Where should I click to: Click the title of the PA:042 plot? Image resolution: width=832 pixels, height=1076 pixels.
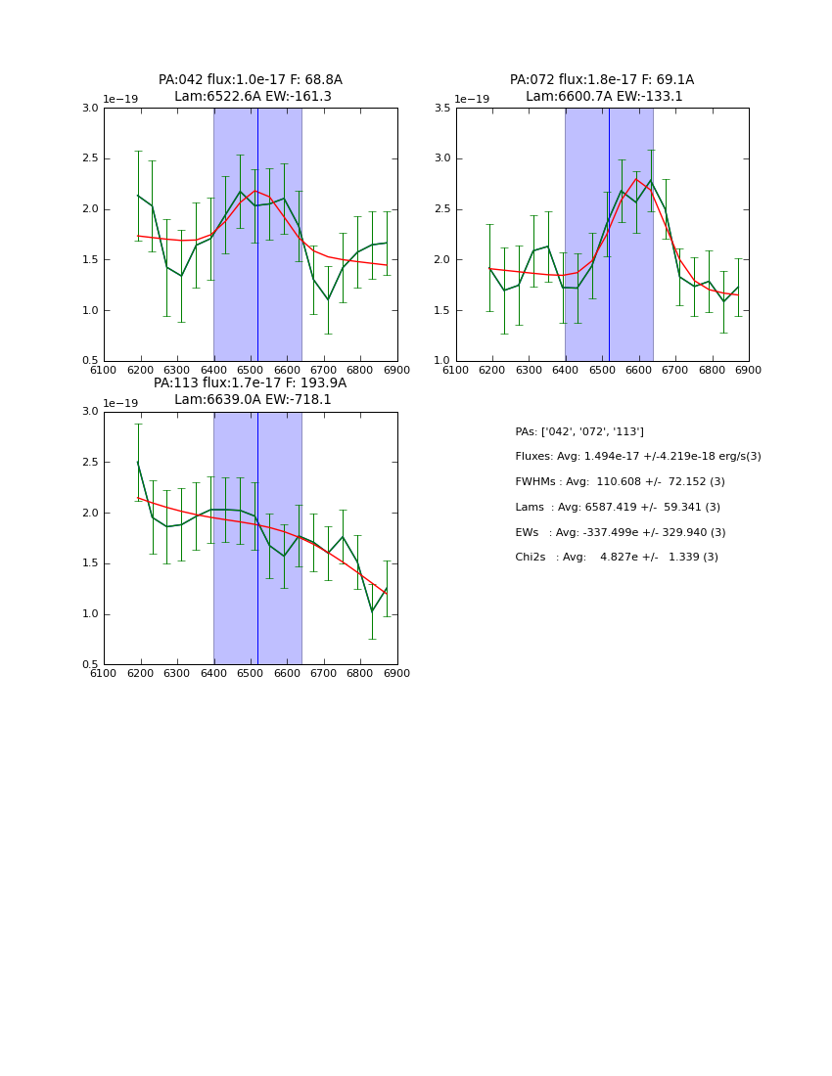click(x=251, y=88)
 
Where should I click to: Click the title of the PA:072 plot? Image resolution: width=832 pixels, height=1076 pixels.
click(x=602, y=88)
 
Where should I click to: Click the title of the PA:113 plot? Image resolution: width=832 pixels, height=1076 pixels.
click(x=251, y=391)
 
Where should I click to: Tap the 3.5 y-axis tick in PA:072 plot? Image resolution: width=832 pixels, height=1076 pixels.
click(x=441, y=108)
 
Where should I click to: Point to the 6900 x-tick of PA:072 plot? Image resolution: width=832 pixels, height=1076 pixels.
click(x=748, y=370)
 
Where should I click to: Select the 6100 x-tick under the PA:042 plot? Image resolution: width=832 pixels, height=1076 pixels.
click(x=104, y=370)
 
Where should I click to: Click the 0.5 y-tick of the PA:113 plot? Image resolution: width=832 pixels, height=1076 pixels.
click(x=90, y=665)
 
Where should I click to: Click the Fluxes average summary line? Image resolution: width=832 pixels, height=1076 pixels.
click(x=637, y=457)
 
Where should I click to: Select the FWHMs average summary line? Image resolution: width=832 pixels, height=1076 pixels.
click(x=620, y=482)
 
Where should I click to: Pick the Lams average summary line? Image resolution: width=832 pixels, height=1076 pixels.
click(x=618, y=507)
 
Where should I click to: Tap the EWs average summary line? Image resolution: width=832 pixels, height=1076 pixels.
click(x=621, y=532)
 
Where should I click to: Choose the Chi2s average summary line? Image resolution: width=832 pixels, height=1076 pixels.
click(x=617, y=558)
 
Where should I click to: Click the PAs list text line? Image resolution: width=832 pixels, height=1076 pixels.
click(x=579, y=431)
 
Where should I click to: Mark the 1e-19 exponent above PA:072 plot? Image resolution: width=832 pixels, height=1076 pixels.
click(x=472, y=100)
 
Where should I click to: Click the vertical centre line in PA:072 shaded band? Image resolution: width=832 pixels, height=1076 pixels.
click(x=609, y=235)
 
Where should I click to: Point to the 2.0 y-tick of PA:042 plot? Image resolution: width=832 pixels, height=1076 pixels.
click(x=90, y=209)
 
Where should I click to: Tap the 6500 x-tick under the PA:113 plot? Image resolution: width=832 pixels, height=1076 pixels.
click(x=251, y=673)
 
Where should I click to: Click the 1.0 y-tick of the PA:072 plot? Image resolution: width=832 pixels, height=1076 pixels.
click(x=441, y=361)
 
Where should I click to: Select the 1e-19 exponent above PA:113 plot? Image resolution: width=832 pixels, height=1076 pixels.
click(x=120, y=403)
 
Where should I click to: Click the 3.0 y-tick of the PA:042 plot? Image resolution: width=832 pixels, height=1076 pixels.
click(x=90, y=108)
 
